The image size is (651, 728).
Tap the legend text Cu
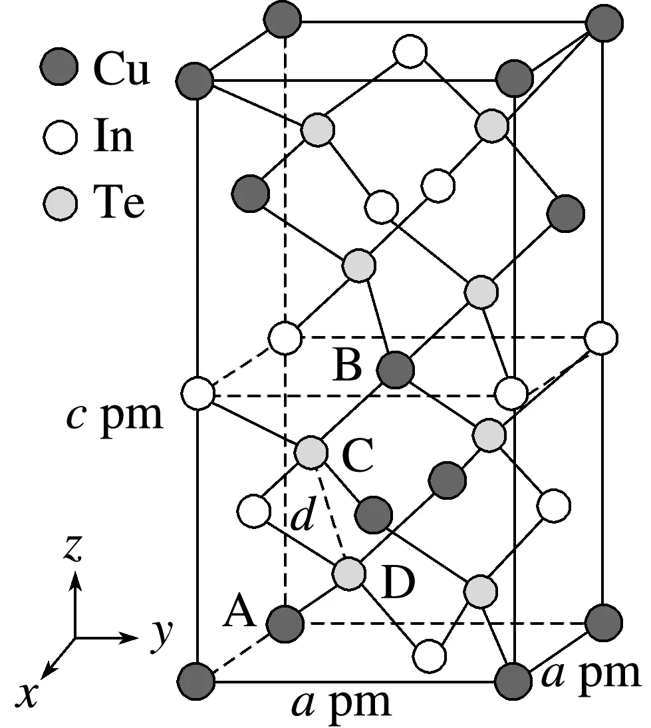pyautogui.click(x=121, y=69)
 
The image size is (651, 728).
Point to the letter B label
pyautogui.click(x=347, y=365)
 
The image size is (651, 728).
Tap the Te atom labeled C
pyautogui.click(x=311, y=453)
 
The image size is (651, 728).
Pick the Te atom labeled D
pyautogui.click(x=348, y=574)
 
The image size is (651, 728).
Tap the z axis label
pyautogui.click(x=72, y=549)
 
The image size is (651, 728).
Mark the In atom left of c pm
pyautogui.click(x=197, y=392)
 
